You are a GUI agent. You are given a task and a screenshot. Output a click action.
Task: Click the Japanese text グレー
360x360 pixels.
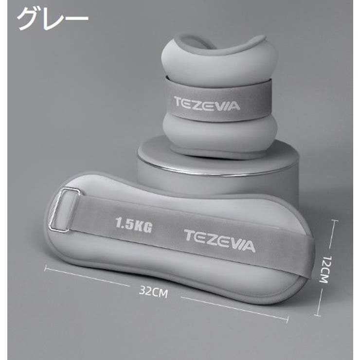click(x=53, y=18)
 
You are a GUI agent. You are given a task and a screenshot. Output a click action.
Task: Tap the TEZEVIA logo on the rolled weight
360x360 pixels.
click(x=207, y=104)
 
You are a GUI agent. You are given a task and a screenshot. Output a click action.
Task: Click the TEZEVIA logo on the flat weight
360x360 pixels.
click(x=220, y=241)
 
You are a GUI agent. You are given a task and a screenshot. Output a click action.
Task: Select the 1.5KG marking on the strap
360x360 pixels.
click(x=134, y=225)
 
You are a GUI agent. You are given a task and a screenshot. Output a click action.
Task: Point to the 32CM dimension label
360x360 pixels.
click(x=153, y=292)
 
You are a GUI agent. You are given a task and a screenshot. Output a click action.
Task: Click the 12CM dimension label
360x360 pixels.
click(x=325, y=270)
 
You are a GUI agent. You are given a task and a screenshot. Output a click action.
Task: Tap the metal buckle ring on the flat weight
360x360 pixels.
click(x=64, y=210)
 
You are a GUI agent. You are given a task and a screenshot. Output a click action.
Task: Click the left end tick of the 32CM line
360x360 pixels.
click(x=45, y=268)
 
